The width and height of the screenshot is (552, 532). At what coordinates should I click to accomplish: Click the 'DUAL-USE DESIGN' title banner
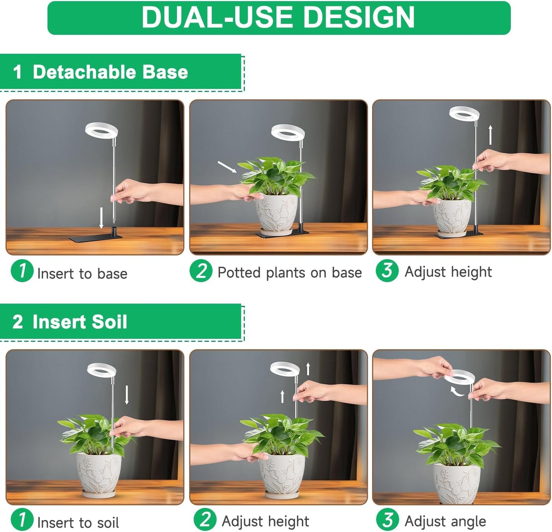(278, 18)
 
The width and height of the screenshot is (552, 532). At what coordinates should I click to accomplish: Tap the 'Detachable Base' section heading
(110, 72)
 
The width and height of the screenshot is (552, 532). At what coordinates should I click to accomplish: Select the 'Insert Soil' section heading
(79, 322)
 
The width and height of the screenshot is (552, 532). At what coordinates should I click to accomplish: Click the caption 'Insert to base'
(82, 274)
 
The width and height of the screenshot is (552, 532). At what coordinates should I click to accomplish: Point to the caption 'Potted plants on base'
(289, 272)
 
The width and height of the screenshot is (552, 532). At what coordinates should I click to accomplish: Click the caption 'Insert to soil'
(78, 522)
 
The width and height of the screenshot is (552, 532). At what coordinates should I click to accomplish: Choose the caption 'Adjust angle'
(445, 521)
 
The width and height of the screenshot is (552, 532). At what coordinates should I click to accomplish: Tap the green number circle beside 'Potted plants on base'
(201, 271)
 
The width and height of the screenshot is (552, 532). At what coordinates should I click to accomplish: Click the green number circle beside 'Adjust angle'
(387, 519)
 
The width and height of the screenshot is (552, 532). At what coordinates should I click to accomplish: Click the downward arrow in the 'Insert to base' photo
(101, 218)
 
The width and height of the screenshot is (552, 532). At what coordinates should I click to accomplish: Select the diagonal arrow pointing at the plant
(227, 167)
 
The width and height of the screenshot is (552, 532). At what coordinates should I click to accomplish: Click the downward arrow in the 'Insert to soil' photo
(127, 395)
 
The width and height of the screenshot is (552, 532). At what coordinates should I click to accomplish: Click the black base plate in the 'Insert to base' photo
(96, 237)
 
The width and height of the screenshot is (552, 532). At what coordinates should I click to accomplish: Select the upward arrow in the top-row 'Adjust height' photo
(490, 135)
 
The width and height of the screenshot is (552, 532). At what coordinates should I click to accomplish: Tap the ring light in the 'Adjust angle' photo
(460, 378)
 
